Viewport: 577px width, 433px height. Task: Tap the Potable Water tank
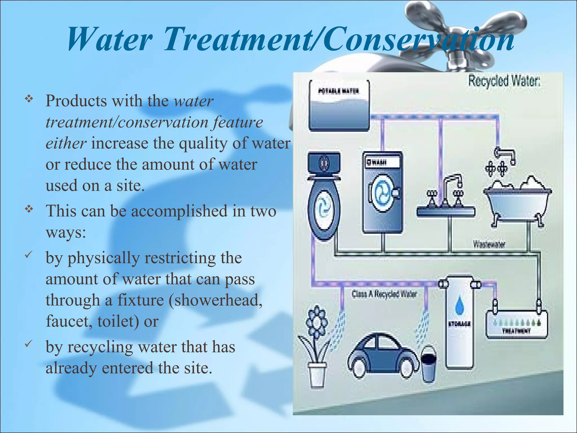pos(339,106)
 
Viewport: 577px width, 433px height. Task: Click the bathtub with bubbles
pos(517,200)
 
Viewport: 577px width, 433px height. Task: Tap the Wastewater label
pos(489,244)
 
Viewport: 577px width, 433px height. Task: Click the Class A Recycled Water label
pos(384,294)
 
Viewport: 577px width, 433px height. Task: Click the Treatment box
pos(516,325)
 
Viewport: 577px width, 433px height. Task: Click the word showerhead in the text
pos(216,300)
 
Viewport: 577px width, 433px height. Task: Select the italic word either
pos(66,143)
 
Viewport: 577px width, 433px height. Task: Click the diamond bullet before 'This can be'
pos(29,209)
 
